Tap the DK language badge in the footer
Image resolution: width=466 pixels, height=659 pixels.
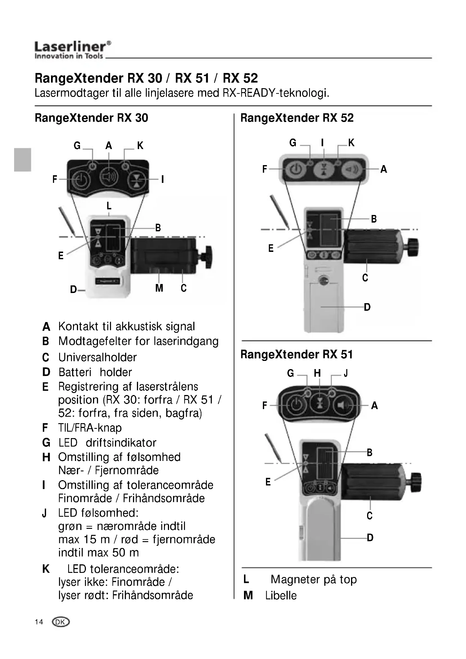point(61,622)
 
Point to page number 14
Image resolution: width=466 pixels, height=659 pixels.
point(39,622)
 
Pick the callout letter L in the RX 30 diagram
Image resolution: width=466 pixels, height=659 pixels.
point(109,206)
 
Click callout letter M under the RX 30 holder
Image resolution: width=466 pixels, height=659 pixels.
point(159,288)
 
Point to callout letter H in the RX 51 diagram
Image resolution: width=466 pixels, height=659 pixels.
point(317,373)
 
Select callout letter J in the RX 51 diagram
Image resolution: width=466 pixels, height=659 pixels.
point(346,373)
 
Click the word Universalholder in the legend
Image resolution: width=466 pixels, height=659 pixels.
point(97,357)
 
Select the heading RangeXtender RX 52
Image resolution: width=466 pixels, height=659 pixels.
point(297,118)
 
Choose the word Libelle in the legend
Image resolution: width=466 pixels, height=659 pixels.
point(281,596)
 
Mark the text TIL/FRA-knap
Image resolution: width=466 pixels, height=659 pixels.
point(90,428)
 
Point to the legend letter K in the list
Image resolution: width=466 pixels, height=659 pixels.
point(46,569)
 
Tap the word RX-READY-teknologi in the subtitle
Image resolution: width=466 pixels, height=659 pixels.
point(276,93)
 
